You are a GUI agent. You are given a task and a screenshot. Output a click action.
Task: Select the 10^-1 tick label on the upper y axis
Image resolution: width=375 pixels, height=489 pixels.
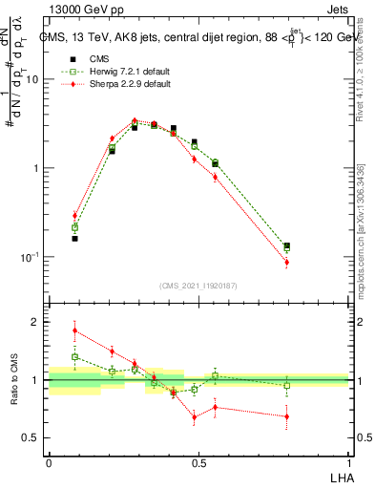click(31, 257)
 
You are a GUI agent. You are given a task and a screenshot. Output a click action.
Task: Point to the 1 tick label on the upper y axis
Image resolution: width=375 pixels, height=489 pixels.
click(37, 169)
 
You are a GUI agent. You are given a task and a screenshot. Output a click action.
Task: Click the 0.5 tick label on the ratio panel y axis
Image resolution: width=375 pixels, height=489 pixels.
click(32, 437)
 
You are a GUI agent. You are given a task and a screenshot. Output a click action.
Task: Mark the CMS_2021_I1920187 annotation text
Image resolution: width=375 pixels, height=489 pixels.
click(198, 286)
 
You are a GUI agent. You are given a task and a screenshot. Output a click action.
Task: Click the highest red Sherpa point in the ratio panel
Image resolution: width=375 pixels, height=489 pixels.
click(75, 331)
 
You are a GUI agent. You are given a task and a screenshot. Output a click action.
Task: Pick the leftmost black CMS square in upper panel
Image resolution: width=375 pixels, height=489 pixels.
click(75, 238)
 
